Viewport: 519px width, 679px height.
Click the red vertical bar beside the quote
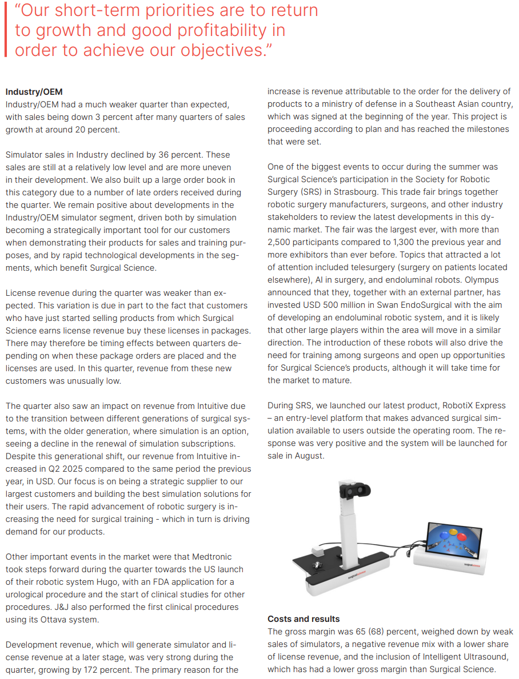(6, 30)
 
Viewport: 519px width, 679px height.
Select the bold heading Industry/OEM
(34, 92)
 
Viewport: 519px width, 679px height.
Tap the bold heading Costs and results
(304, 619)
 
